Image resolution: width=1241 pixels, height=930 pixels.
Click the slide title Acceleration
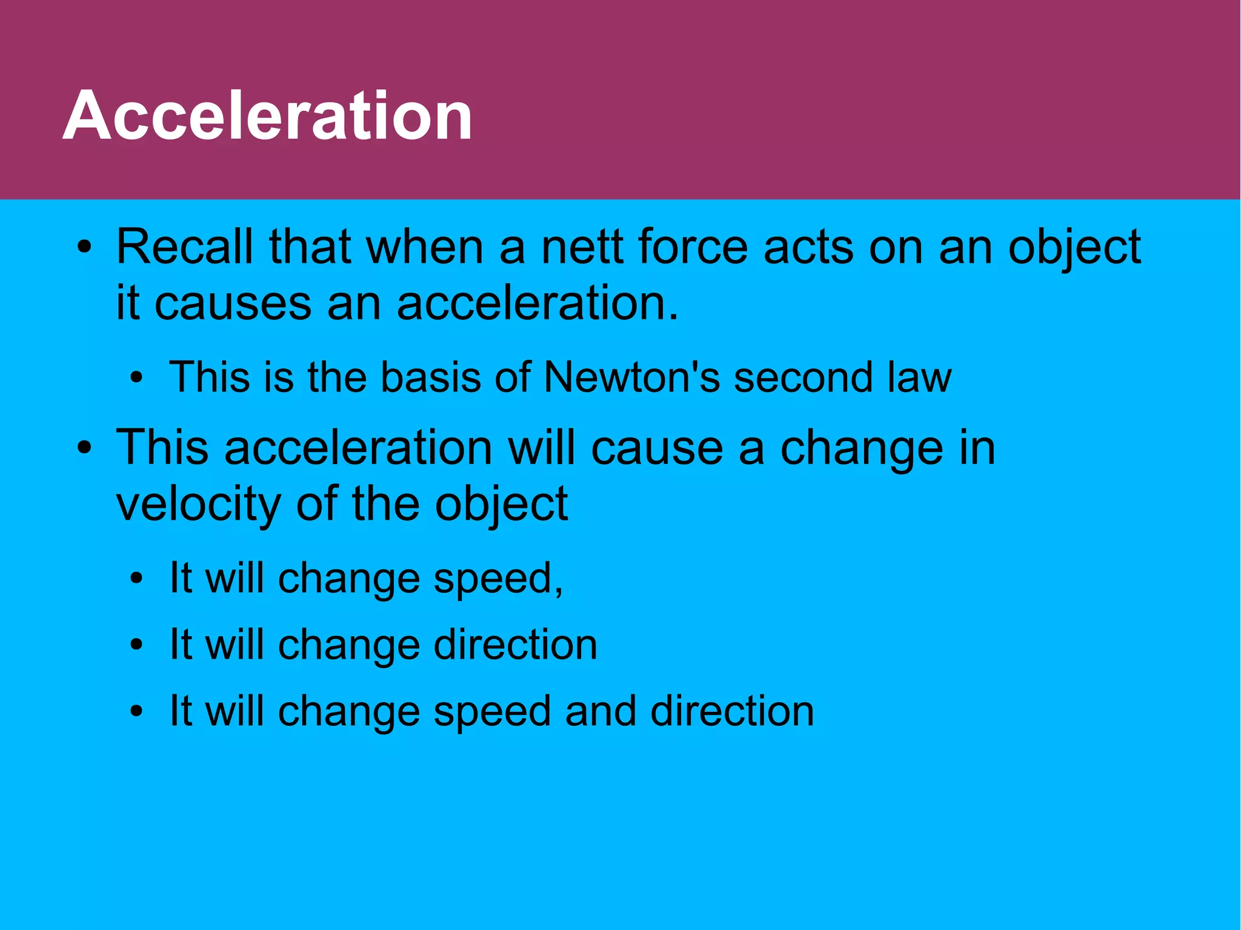267,115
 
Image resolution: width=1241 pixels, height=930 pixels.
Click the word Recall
184,247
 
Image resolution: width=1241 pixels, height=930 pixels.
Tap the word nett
582,247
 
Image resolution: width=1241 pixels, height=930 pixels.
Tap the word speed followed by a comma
497,579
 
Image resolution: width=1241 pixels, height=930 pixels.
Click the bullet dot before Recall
85,248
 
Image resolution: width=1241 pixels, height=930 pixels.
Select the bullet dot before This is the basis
137,379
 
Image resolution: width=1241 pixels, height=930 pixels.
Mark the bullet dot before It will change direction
137,646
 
